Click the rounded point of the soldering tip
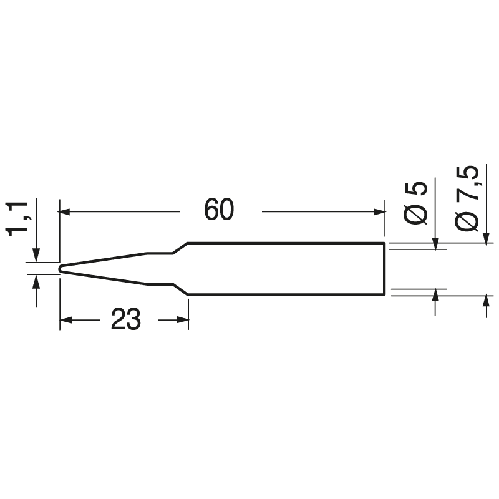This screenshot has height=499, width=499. [x=61, y=269]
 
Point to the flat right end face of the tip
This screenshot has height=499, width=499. [x=384, y=268]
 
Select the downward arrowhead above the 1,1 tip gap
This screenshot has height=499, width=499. [x=36, y=256]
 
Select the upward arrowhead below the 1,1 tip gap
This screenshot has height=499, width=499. [x=36, y=282]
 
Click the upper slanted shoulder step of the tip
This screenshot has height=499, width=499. [x=180, y=248]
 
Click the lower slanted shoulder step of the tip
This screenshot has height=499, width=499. [x=180, y=289]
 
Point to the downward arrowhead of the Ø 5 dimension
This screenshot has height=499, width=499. [x=435, y=243]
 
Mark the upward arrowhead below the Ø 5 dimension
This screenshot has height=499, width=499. [x=435, y=294]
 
